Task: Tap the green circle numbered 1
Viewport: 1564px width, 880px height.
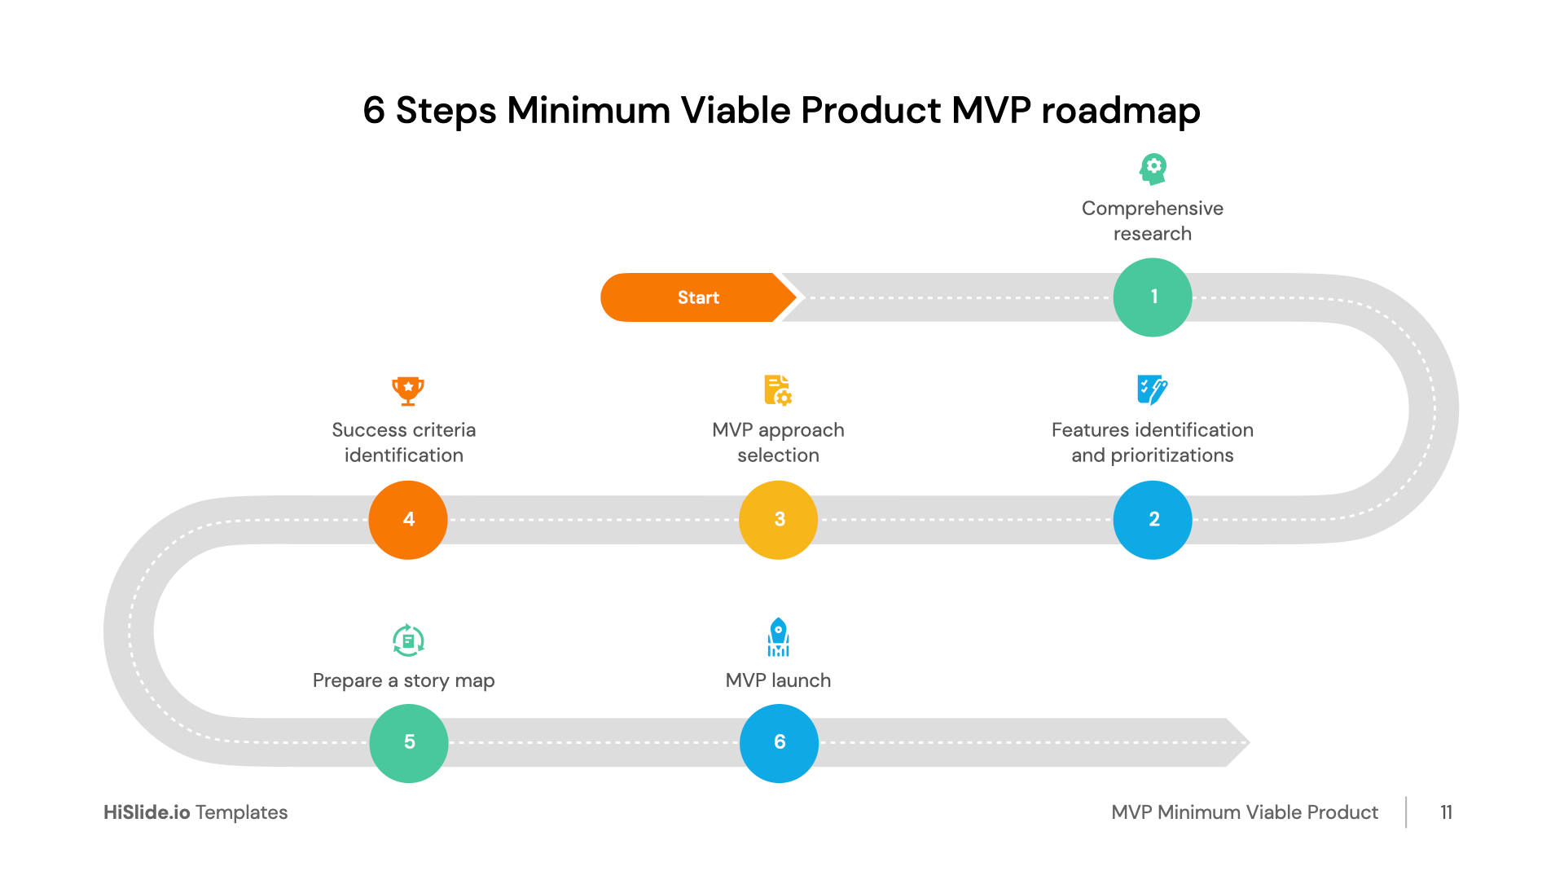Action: point(1152,297)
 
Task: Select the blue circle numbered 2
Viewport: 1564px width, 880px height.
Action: point(1152,520)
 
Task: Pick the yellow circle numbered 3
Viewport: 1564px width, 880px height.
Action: point(778,520)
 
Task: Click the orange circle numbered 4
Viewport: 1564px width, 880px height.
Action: point(408,520)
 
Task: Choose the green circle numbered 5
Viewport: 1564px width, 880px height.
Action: point(409,742)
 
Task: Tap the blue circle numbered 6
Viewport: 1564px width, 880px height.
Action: point(779,742)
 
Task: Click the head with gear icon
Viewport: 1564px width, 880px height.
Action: point(1153,169)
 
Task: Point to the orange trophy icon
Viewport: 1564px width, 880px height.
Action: point(408,390)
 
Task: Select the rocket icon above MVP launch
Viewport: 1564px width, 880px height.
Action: point(778,637)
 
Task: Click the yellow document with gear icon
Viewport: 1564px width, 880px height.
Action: point(778,390)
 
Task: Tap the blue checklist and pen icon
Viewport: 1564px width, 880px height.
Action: point(1152,390)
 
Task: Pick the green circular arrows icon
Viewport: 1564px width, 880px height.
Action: point(408,640)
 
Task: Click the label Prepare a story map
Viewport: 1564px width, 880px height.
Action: point(403,680)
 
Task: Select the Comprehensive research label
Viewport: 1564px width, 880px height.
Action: point(1152,221)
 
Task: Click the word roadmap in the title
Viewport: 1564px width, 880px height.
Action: point(1120,111)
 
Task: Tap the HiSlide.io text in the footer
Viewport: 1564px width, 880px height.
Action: point(147,812)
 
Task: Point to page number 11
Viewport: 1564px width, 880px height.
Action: point(1446,812)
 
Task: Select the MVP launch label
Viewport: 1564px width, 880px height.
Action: point(778,680)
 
